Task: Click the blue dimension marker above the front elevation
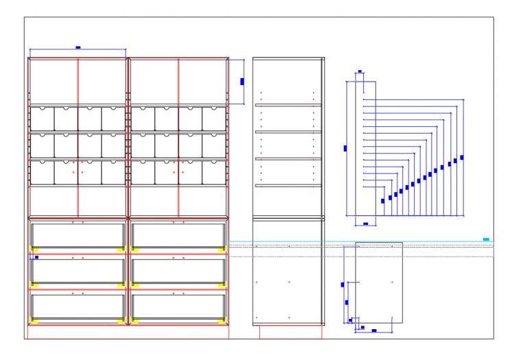pos(77,47)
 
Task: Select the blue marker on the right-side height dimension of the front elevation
pos(242,81)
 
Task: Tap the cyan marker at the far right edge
pos(486,239)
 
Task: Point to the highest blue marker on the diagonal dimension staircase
pos(462,158)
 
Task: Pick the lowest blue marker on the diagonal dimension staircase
pos(382,201)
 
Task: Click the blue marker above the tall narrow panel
pos(360,71)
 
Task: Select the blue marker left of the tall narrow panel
pos(345,147)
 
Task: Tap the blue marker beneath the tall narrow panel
pos(366,224)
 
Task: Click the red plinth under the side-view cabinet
pos(291,331)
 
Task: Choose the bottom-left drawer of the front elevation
pos(77,306)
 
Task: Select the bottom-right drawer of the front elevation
pos(178,306)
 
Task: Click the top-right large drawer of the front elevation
pos(178,235)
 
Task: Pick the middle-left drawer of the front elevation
pos(77,270)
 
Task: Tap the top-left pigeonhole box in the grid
pos(42,118)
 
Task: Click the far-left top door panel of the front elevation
pos(53,81)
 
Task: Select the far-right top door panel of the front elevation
pos(203,81)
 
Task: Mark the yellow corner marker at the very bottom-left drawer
pos(34,320)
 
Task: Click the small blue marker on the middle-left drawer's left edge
pos(36,257)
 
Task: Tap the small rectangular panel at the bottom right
pos(378,281)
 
